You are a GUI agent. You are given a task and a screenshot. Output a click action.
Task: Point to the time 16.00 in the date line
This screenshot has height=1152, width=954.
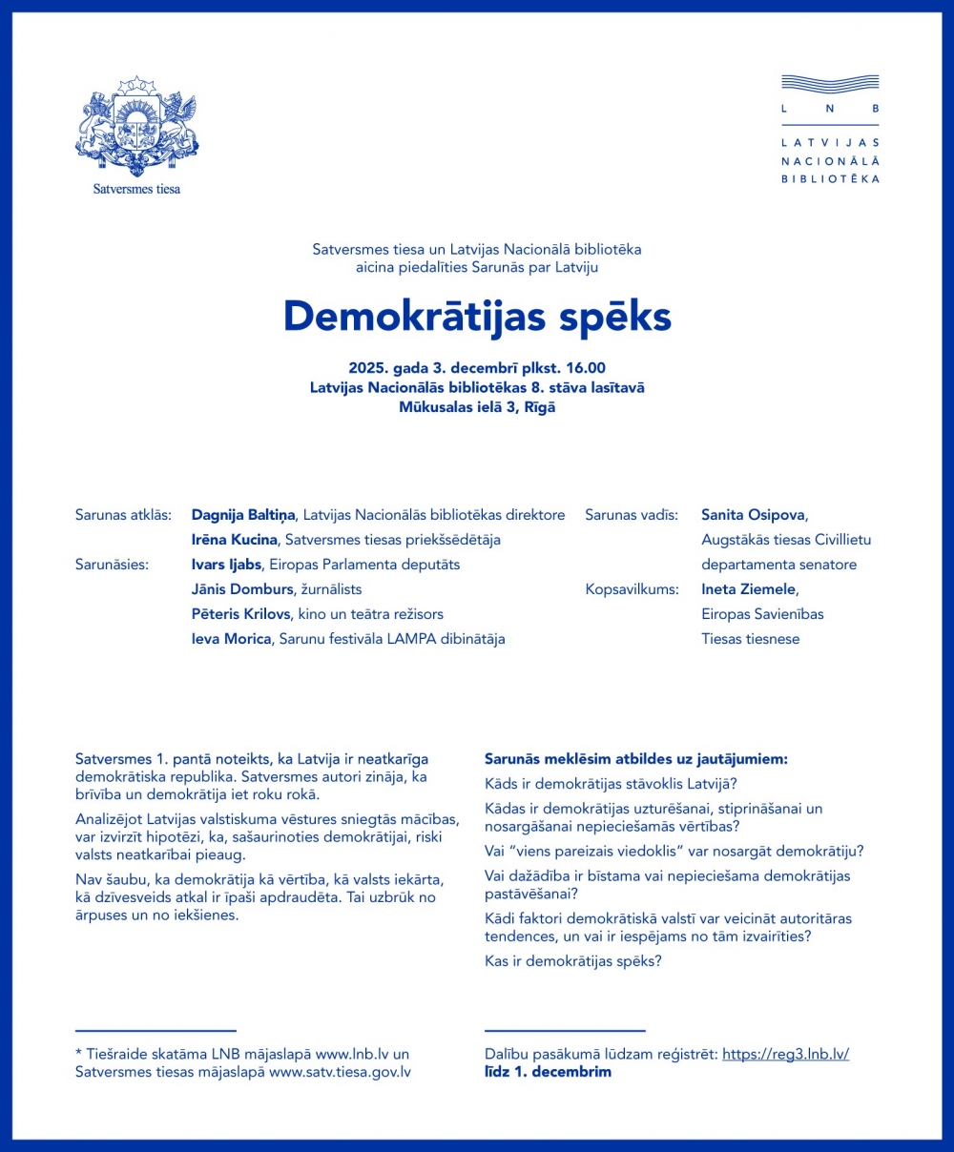583,368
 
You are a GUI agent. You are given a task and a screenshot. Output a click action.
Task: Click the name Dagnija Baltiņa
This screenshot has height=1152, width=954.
243,515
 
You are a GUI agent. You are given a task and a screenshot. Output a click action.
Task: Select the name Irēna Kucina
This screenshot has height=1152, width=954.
235,540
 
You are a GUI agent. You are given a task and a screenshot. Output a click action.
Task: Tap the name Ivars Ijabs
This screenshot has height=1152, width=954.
226,565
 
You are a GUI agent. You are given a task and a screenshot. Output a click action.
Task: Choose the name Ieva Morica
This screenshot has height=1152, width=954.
231,639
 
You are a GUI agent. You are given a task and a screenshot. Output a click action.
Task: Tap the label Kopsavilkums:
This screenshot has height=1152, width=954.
632,589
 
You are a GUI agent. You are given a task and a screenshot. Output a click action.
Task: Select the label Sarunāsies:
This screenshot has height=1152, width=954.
113,565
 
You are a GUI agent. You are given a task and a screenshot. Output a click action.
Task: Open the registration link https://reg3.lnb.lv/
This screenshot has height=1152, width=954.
785,1054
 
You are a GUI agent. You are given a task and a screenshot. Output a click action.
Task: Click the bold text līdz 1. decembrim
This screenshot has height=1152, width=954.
548,1072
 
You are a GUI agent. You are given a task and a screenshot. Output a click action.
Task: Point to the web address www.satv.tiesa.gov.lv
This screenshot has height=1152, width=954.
340,1072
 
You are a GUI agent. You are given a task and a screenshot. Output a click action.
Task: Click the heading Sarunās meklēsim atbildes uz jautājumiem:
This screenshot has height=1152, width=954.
636,760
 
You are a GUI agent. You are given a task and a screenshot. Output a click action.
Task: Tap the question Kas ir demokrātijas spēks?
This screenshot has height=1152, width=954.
572,961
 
